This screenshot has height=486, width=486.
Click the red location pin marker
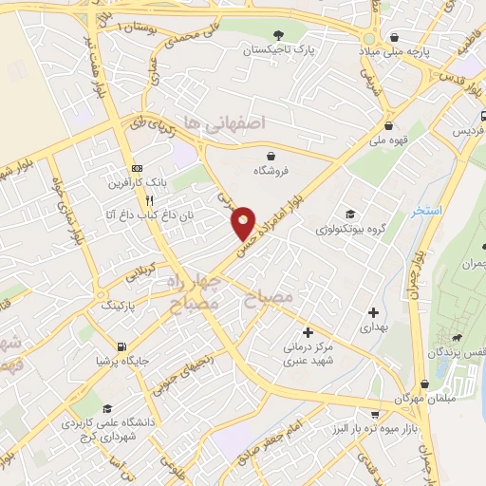click(245, 222)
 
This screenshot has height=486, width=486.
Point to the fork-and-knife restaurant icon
click(149, 200)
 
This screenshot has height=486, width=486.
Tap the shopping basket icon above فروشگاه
click(272, 155)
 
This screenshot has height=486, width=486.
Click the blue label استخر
click(427, 211)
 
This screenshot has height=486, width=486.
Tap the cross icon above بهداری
click(373, 311)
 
